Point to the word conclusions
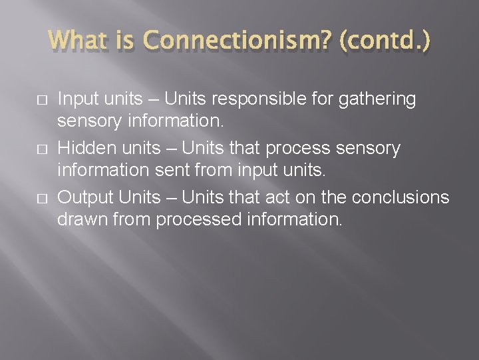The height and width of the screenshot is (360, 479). (x=400, y=198)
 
